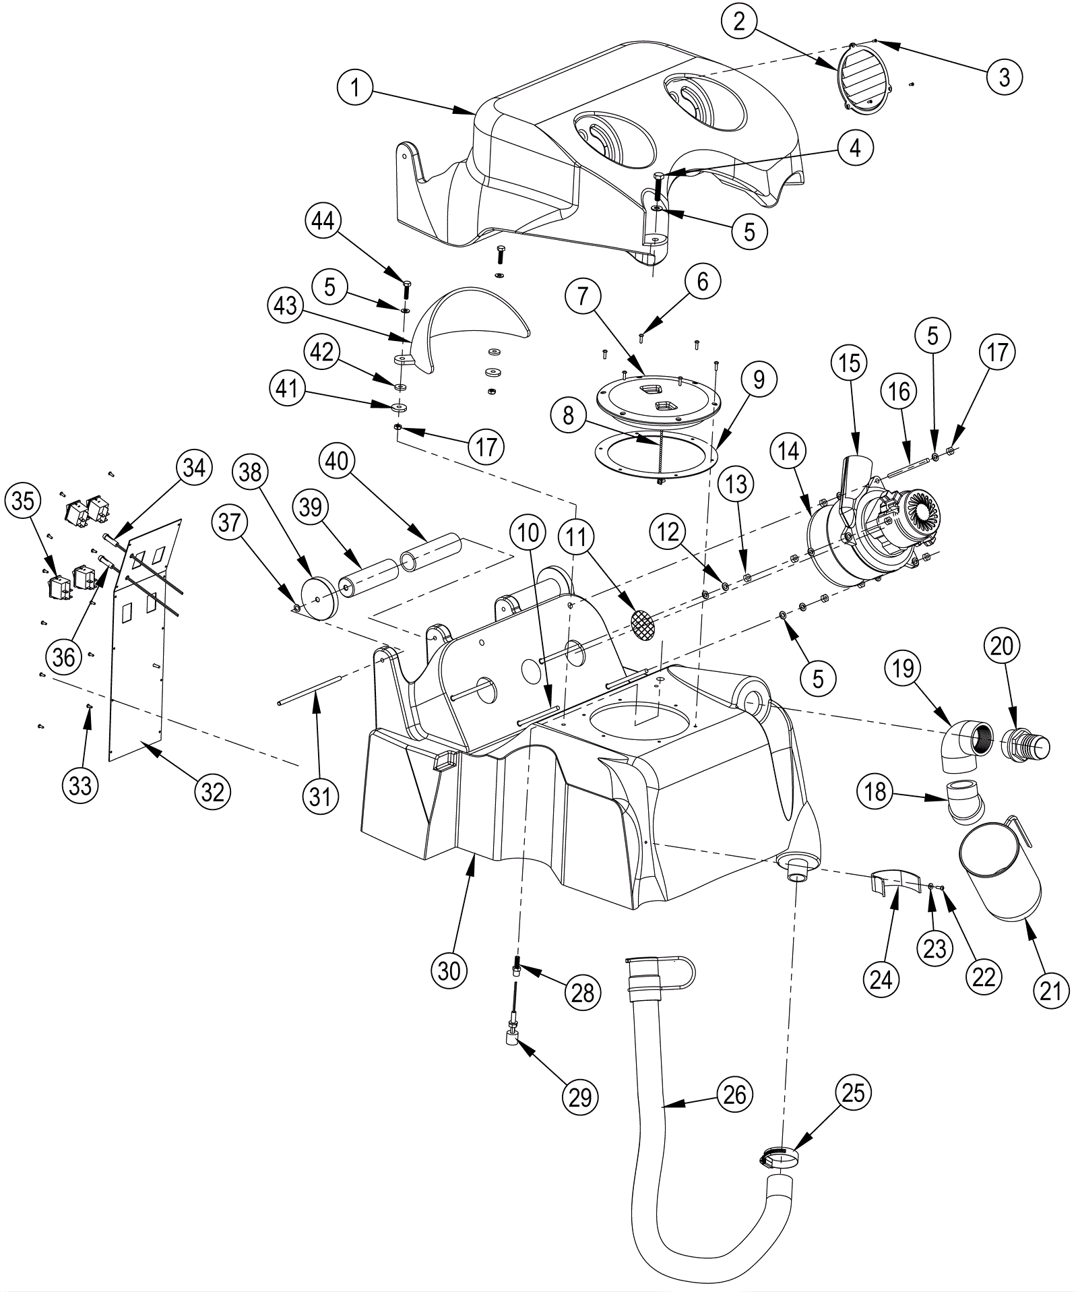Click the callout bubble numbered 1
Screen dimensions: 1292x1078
coord(356,88)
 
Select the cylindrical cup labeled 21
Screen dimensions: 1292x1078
coord(998,873)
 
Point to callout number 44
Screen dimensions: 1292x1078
coord(323,222)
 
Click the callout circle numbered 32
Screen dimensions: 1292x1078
coord(212,791)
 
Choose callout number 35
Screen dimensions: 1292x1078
coord(24,501)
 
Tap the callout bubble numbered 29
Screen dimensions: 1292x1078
coord(580,1097)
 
